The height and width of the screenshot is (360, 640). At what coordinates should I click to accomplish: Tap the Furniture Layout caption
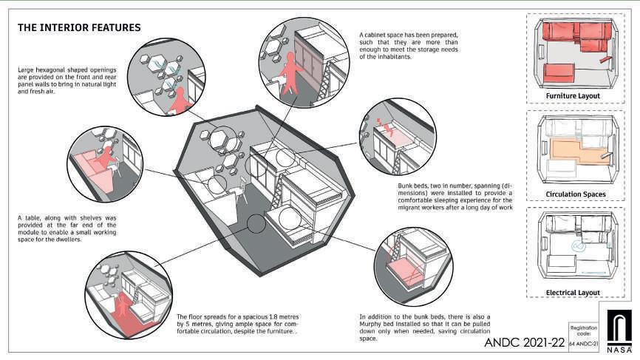[573, 96]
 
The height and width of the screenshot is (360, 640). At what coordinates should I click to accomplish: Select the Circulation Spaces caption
[575, 194]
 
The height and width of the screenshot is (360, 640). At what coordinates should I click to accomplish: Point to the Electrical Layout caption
[573, 293]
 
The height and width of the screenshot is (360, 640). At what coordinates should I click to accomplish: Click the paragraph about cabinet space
[410, 47]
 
